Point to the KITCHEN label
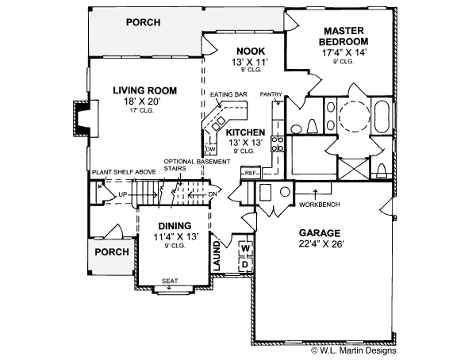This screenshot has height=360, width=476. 245,132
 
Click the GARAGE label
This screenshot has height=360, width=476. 320,233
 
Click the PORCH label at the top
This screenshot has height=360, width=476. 143,22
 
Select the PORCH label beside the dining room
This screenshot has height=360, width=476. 111,252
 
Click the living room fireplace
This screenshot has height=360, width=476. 81,117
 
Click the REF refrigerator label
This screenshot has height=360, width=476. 249,172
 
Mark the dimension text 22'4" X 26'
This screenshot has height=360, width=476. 320,244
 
